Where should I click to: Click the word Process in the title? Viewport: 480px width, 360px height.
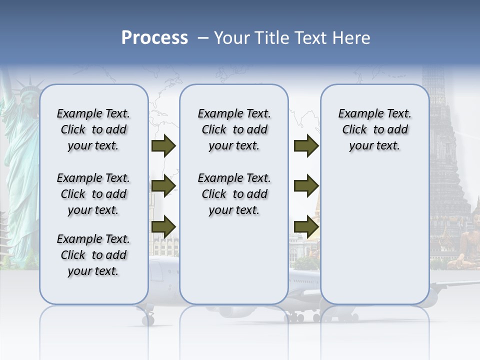[x=154, y=38]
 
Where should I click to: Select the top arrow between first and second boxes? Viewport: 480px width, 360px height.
[x=163, y=145]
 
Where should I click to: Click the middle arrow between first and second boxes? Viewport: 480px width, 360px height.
[x=163, y=186]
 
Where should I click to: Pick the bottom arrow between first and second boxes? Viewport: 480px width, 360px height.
[x=163, y=226]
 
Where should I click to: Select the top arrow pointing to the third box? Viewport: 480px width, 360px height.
[x=306, y=145]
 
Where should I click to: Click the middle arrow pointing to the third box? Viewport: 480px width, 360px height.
[x=306, y=186]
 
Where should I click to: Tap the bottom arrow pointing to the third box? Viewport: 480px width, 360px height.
[x=306, y=226]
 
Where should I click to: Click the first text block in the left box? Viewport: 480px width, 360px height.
[x=93, y=129]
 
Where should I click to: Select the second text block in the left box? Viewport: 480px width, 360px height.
[x=93, y=194]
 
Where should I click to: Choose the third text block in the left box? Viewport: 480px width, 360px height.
[x=93, y=255]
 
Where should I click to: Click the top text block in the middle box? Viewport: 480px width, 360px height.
[x=234, y=129]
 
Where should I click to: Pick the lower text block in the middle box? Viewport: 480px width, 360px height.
[x=234, y=194]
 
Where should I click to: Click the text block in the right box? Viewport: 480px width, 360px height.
[x=374, y=129]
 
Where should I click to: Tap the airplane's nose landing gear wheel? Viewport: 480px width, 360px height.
[x=148, y=319]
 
